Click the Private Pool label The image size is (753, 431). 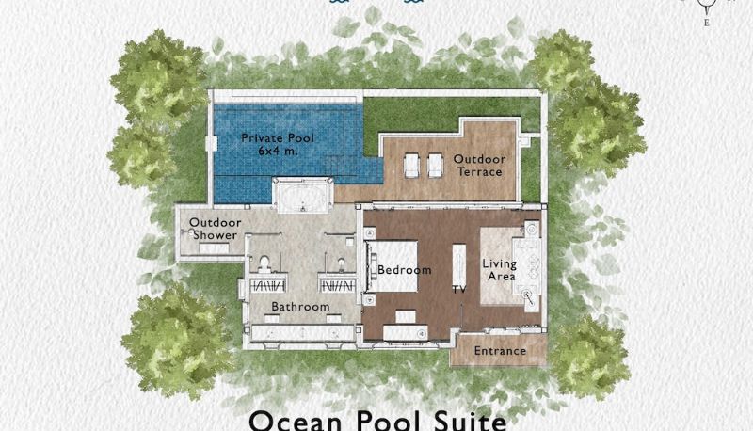278,138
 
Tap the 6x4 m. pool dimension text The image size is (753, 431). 278,151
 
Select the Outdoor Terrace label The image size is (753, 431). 479,166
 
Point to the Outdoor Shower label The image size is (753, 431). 216,229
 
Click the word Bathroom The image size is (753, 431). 300,306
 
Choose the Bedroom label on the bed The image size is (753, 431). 405,270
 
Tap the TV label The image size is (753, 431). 459,290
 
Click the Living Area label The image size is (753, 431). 500,270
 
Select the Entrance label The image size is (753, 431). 500,351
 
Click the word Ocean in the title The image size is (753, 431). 296,421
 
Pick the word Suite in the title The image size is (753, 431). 470,421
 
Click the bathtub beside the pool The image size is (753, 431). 302,195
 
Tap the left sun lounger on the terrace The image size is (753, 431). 411,166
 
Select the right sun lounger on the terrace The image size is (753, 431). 435,166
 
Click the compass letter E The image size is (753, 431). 707,23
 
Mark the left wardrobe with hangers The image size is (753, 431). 268,286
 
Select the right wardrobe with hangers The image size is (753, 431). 337,286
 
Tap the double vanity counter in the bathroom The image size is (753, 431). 303,332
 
